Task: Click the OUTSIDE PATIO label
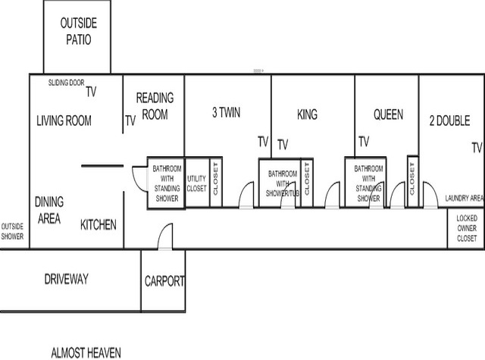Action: click(79, 31)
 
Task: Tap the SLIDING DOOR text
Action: click(66, 83)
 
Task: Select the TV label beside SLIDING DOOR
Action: click(91, 92)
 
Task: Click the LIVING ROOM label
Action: click(64, 121)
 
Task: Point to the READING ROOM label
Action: click(155, 106)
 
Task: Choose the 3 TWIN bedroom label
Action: click(226, 113)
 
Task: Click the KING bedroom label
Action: click(307, 114)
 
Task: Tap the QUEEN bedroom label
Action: click(388, 114)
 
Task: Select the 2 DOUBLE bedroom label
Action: click(449, 121)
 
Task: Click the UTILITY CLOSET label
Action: click(196, 183)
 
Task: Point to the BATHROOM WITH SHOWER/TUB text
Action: click(283, 183)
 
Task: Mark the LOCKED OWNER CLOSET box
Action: click(466, 228)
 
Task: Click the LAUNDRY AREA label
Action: click(465, 199)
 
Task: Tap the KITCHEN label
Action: click(99, 225)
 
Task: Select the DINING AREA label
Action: click(49, 210)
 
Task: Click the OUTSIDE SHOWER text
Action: click(12, 231)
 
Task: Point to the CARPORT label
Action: click(164, 281)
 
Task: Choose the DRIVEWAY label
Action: click(67, 279)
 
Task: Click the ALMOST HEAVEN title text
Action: click(86, 353)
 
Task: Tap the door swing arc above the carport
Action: click(162, 230)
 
